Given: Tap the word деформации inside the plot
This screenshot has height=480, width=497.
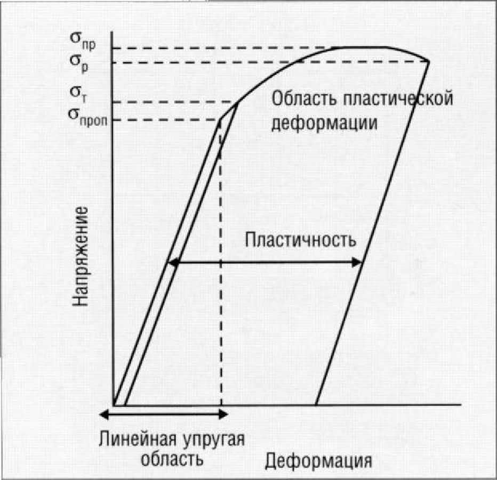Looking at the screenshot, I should click(x=325, y=123).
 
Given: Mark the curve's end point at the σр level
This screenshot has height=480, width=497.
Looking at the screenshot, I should click(x=429, y=62).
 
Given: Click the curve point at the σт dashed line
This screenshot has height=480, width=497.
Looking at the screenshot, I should click(x=236, y=102).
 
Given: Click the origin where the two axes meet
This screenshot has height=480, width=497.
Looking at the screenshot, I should click(x=114, y=404).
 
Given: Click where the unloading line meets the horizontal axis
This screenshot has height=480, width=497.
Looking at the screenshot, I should click(x=316, y=404).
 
